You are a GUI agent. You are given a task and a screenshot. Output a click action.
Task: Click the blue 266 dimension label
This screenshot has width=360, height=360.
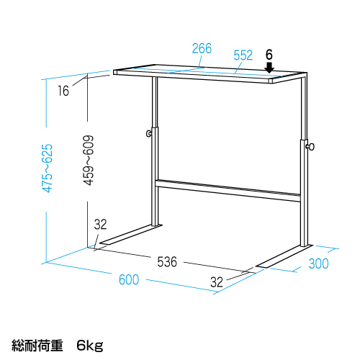tap(202, 48)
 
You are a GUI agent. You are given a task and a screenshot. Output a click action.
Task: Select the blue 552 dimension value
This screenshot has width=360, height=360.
tap(243, 55)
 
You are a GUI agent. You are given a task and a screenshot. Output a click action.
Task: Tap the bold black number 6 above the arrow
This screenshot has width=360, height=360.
tap(269, 55)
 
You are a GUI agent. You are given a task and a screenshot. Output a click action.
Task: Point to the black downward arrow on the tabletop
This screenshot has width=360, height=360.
tap(269, 68)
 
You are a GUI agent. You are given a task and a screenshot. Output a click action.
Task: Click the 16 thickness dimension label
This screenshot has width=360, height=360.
tap(63, 91)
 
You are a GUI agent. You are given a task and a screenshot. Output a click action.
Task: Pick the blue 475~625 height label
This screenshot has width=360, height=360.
tap(47, 168)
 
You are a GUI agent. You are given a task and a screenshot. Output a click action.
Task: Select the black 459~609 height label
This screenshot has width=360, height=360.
tap(88, 161)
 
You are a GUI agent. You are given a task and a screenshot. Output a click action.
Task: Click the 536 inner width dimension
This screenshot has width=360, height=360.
tap(167, 261)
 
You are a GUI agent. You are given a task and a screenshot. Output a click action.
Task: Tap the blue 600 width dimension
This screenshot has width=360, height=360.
tap(129, 279)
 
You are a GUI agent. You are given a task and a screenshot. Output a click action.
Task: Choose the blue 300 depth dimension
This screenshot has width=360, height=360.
tap(318, 264)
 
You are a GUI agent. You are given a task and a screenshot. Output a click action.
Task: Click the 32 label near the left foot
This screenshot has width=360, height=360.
tap(100, 225)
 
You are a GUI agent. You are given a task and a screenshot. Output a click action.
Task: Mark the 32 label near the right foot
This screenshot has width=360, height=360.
tap(217, 282)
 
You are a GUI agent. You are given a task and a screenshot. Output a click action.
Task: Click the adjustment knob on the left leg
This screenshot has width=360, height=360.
tap(149, 133)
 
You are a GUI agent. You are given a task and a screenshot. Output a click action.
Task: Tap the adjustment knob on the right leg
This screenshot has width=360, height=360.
tap(310, 147)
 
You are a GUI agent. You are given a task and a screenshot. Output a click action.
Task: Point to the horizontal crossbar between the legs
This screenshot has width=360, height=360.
tap(228, 190)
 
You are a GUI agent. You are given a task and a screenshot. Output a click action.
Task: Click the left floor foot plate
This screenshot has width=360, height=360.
tap(131, 235)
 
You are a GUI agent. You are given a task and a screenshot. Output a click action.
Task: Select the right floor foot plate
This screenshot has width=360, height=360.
tap(284, 256)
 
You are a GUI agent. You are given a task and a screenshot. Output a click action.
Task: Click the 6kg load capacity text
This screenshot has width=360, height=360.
tap(90, 346)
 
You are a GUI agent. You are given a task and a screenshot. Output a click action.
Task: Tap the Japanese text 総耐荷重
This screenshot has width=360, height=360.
tap(37, 346)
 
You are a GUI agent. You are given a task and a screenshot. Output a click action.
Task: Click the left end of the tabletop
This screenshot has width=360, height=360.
tap(114, 72)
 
